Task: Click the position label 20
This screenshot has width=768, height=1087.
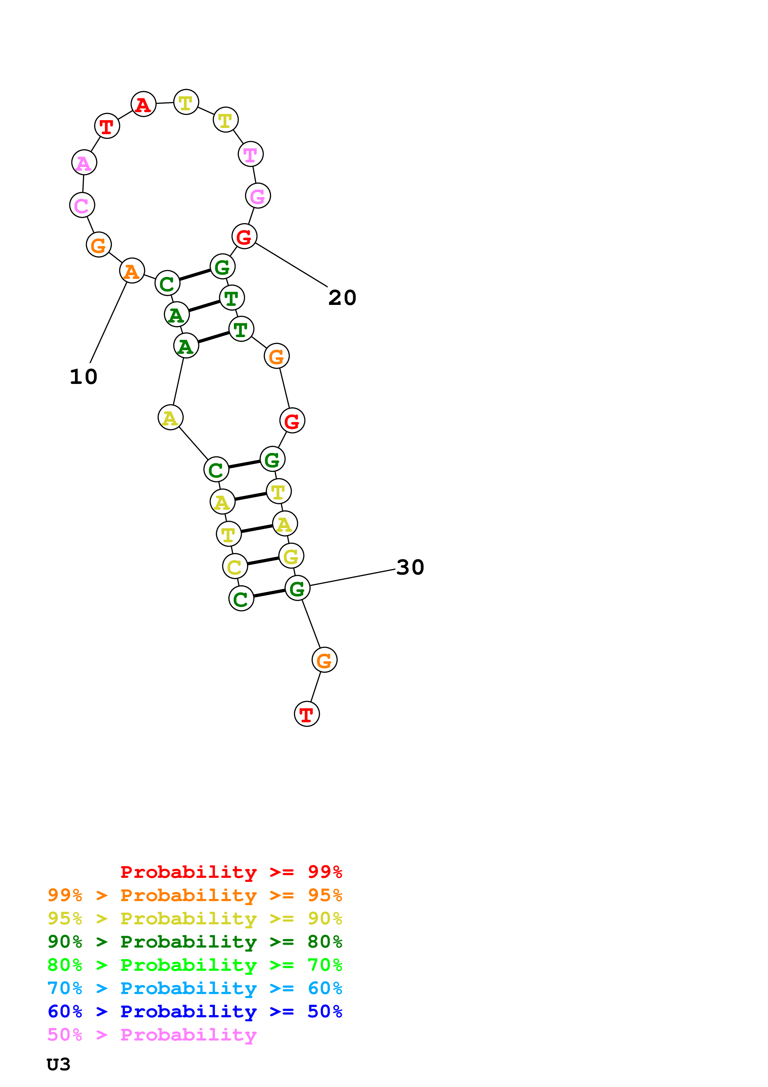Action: [342, 298]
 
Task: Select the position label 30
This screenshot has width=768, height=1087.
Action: [410, 567]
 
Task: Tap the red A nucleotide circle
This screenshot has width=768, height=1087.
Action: [143, 104]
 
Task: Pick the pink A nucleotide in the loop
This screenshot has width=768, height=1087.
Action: [84, 163]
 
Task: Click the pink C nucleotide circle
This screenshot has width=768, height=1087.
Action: [82, 205]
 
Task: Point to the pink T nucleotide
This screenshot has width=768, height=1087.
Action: [250, 154]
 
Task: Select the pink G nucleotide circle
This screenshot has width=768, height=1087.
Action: [258, 196]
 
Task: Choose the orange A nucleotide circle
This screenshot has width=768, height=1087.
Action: [132, 271]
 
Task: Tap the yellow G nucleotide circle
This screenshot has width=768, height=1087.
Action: [291, 556]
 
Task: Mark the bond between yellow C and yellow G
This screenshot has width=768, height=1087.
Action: [263, 561]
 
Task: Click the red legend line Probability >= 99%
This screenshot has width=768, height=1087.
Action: [231, 872]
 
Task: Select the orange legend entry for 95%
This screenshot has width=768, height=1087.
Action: [195, 895]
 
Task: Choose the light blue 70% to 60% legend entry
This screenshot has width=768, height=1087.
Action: [195, 988]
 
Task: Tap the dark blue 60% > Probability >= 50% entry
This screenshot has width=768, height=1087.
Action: [195, 1011]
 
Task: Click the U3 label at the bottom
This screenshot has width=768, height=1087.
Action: [59, 1064]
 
